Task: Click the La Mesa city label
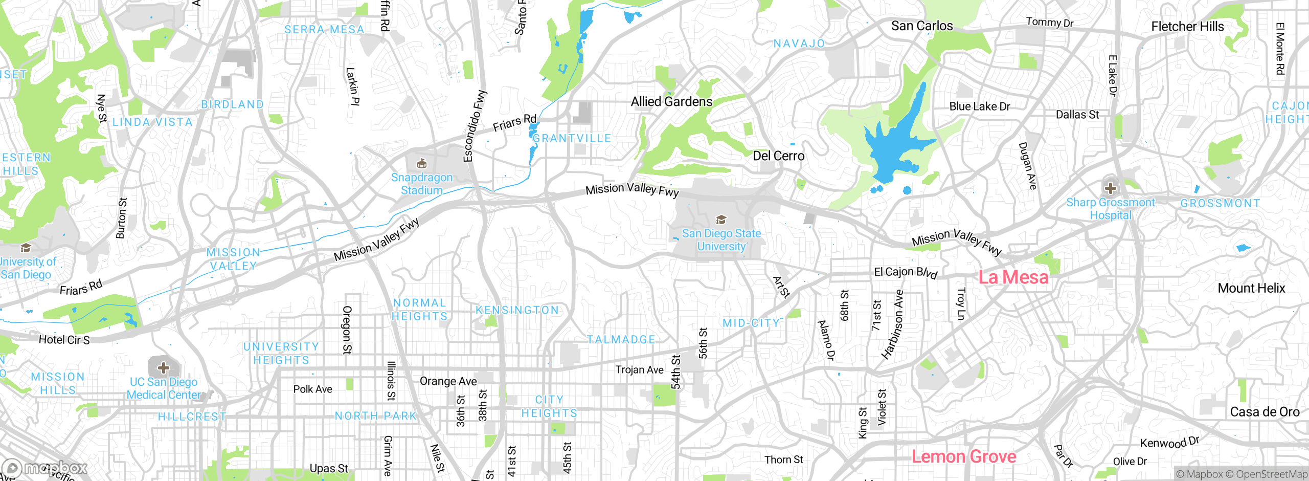[x=1013, y=277]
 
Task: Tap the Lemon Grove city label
[x=964, y=456]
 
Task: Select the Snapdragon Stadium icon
[x=422, y=164]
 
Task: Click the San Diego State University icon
[x=721, y=220]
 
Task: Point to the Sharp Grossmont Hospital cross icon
[x=1110, y=187]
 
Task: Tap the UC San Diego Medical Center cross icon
[x=164, y=367]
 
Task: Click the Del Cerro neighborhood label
[x=778, y=156]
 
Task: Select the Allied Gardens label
[x=671, y=102]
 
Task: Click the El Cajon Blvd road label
[x=905, y=272]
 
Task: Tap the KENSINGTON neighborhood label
[x=517, y=310]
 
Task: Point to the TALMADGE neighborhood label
[x=621, y=340]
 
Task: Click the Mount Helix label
[x=1251, y=288]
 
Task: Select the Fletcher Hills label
[x=1187, y=27]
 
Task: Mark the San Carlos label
[x=922, y=26]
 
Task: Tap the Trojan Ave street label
[x=639, y=369]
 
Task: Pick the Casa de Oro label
[x=1265, y=412]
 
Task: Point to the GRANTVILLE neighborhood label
[x=572, y=138]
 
